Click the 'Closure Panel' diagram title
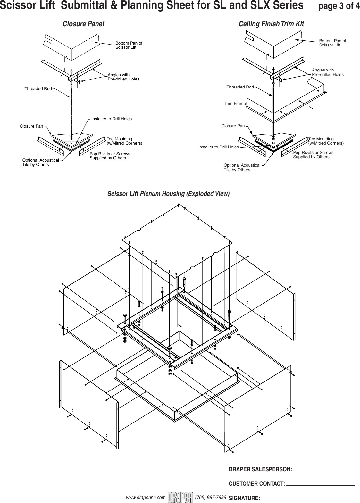tap(83, 24)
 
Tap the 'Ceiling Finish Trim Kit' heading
tap(271, 24)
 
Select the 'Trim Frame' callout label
tap(235, 104)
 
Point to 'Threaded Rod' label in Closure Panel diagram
tap(38, 89)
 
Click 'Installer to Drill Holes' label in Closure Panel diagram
tap(111, 119)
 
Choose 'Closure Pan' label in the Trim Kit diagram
tap(233, 126)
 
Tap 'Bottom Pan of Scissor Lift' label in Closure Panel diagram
tap(129, 45)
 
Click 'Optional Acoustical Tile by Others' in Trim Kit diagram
tap(242, 167)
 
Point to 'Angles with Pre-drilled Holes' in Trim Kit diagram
tap(327, 72)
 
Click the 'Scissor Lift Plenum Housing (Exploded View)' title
tap(168, 194)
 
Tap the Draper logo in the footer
tap(180, 497)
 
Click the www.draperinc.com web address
tap(146, 497)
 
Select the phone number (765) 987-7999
tap(210, 497)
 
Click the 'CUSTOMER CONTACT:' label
tap(257, 483)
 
